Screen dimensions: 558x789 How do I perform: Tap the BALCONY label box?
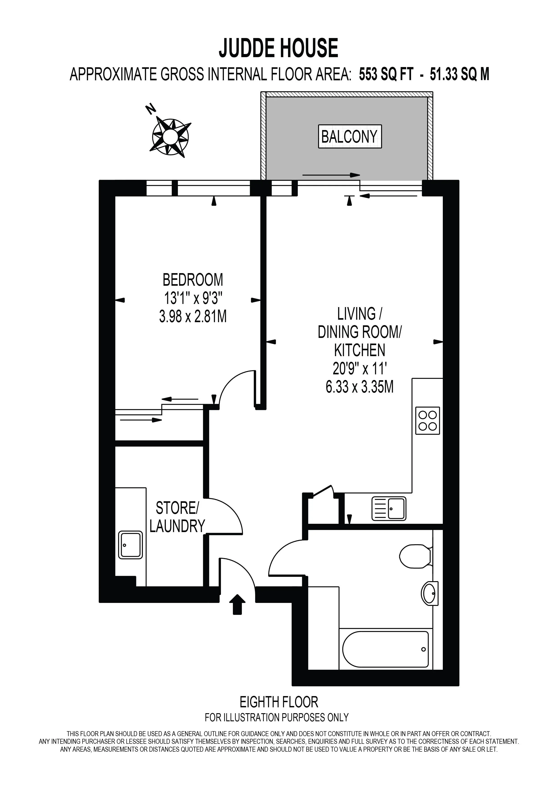(350, 136)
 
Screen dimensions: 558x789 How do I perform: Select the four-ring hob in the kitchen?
(428, 421)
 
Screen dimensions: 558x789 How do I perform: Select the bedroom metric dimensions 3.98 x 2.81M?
(193, 316)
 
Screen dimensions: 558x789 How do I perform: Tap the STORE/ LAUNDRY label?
(177, 517)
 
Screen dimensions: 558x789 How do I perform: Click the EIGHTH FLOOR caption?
(279, 702)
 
